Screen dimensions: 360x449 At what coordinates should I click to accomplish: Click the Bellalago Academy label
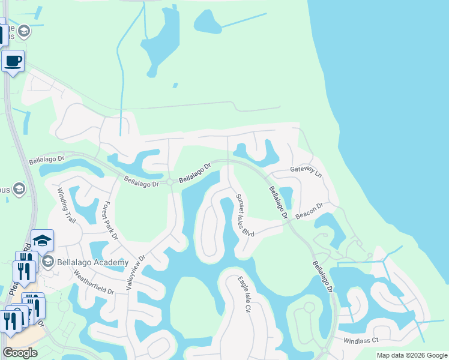pyautogui.click(x=92, y=262)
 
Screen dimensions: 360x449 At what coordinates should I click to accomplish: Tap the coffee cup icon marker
pyautogui.click(x=13, y=60)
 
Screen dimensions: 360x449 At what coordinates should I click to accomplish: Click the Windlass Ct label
pyautogui.click(x=361, y=340)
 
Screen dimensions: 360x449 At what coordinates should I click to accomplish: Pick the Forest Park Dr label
pyautogui.click(x=110, y=220)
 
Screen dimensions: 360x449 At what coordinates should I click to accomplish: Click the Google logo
pyautogui.click(x=20, y=353)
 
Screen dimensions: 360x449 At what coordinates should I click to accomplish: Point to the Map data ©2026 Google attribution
pyautogui.click(x=412, y=355)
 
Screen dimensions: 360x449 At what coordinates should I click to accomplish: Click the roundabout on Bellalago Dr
pyautogui.click(x=170, y=182)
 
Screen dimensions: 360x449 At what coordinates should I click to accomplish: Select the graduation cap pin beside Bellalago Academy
pyautogui.click(x=43, y=240)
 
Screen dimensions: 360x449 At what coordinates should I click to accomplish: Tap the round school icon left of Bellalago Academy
pyautogui.click(x=48, y=262)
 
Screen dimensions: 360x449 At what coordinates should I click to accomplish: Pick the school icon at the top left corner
pyautogui.click(x=24, y=31)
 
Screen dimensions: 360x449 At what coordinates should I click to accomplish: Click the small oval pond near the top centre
pyautogui.click(x=208, y=22)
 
